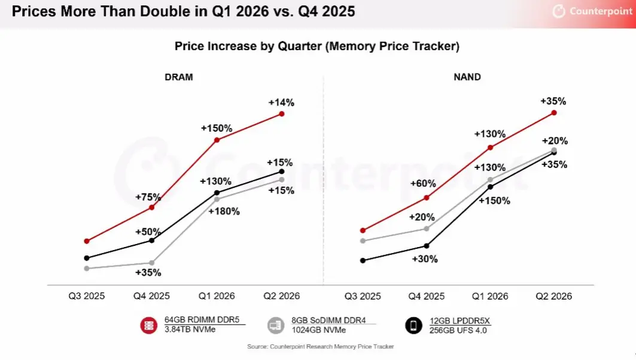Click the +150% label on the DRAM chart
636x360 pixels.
pos(217,129)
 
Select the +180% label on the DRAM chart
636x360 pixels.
pos(224,211)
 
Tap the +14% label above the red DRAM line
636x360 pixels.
pos(281,103)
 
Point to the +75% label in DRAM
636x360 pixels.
pos(148,197)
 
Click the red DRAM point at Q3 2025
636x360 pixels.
pos(86,241)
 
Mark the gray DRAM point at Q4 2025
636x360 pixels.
pos(152,263)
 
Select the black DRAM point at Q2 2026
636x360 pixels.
pos(281,172)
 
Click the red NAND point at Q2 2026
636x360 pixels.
pos(554,112)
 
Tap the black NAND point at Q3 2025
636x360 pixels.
pos(363,260)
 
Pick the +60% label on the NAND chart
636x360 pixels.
pos(423,184)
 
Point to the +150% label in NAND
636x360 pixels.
pos(494,201)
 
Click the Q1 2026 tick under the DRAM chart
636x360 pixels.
pos(217,297)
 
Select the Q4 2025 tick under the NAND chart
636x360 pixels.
pos(427,297)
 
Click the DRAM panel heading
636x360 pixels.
pos(178,77)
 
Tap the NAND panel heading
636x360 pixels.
pos(467,77)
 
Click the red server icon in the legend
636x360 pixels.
pos(148,325)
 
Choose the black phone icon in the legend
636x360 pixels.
pos(413,325)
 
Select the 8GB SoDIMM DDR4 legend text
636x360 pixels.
pos(328,321)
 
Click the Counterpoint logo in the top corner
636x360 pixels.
pos(592,11)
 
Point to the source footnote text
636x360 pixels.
pos(321,347)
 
